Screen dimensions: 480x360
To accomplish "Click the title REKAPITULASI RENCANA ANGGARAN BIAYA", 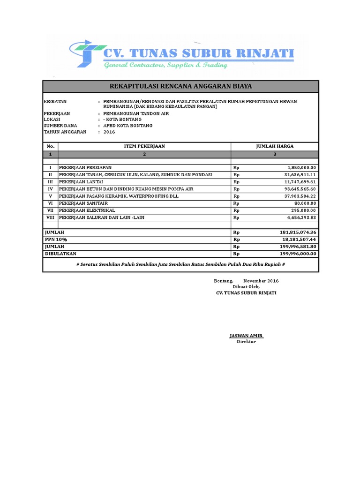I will pos(180,86).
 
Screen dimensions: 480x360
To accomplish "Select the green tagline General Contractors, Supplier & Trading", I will pos(165,65).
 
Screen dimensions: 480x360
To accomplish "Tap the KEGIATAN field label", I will pos(55,101).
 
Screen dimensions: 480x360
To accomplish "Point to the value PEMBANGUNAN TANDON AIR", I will pos(136,113).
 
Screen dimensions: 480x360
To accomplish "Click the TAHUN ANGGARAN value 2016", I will pos(109,132).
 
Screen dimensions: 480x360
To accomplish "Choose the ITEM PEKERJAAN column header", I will pos(144,146).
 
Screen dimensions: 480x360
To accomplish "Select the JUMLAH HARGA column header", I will pos(275,146).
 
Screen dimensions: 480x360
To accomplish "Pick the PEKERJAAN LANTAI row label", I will pos(81,181).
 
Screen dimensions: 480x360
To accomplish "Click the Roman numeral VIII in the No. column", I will pos(51,217).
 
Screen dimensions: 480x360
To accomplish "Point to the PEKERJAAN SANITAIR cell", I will pos(84,203).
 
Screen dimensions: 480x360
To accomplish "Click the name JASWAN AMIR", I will pos(246,336).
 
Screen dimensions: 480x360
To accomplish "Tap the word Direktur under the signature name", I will pos(246,341).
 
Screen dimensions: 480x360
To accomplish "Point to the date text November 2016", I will pos(261,280).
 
